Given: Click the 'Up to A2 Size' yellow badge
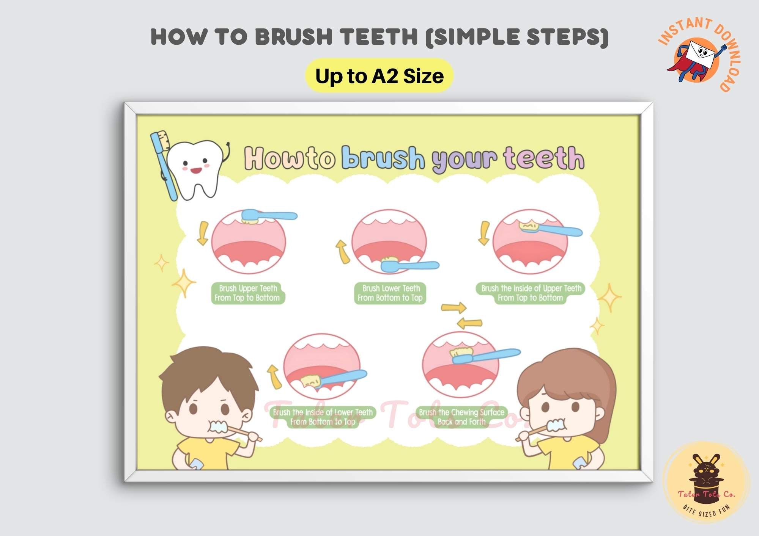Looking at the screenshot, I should coord(379,76).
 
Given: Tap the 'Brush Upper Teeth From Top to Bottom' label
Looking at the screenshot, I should coord(247,293).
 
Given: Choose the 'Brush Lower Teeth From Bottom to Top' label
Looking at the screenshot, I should coord(390,293).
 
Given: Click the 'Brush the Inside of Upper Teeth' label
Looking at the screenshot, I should coord(531,293).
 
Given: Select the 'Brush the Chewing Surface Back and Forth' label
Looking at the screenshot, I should coord(461,417).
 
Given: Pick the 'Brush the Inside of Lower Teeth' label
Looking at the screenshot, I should coord(323,417).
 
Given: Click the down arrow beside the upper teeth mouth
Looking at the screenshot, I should coord(203,233).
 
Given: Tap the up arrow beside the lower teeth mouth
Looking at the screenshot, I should coord(343,251).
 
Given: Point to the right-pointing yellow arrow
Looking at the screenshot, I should coord(454,307).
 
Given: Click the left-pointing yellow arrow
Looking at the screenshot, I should coord(469,323).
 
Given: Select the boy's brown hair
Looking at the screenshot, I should coord(205,371).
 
